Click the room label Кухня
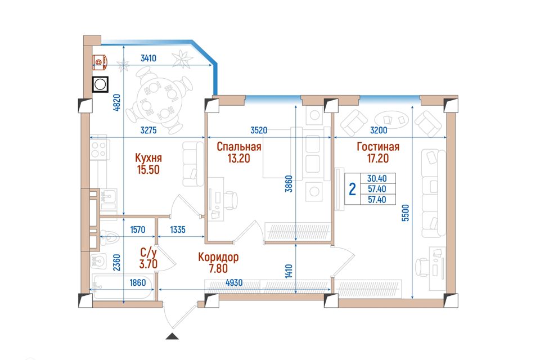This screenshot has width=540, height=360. coord(148,158)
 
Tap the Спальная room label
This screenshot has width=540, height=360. coord(239,147)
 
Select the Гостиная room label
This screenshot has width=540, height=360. coord(378,147)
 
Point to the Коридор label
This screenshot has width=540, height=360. coord(218,257)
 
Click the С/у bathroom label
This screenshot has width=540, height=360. coord(148,253)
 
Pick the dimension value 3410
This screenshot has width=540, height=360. coord(148,58)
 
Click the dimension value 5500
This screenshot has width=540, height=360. coord(406,213)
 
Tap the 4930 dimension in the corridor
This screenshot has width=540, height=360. coord(234,283)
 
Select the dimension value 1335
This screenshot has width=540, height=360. coord(178,229)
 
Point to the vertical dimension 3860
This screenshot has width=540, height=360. coord(289,184)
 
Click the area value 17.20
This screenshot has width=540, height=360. coord(377,159)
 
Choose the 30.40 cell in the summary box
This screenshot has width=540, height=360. coord(377,178)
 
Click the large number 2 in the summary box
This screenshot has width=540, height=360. coord(352,189)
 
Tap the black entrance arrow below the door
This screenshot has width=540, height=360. coord(172,336)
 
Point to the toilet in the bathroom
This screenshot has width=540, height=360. coord(110,238)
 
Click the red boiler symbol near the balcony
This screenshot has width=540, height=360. coord(100,62)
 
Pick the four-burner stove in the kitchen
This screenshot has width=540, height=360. coord(99,149)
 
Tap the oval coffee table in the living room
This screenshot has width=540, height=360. coord(391,120)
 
